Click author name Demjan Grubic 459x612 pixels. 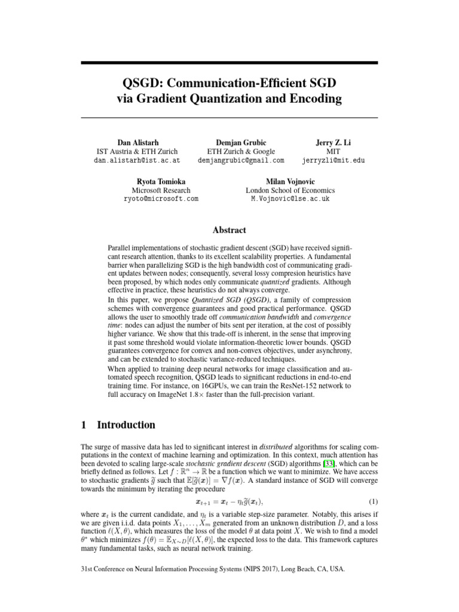[241, 142]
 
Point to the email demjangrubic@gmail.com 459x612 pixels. [241, 160]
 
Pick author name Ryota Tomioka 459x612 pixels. [161, 181]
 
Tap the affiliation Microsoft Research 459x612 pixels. [161, 190]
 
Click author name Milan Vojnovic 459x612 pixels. [290, 181]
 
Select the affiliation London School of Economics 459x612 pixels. [290, 190]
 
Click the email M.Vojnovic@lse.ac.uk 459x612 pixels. [290, 199]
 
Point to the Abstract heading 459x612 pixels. [229, 230]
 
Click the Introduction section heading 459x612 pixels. [126, 426]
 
